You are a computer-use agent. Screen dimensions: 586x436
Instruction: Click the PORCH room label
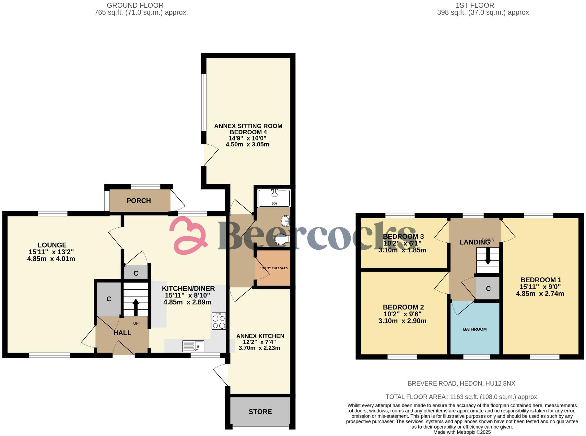139,201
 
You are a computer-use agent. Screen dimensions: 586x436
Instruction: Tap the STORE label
260,412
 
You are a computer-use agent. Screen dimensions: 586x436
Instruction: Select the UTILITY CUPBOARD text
274,268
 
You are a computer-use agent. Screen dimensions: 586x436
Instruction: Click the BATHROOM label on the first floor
475,329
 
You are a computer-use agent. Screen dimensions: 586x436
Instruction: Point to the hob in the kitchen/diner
219,321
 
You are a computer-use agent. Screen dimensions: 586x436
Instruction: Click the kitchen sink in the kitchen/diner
193,346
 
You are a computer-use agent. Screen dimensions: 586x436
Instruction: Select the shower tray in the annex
274,198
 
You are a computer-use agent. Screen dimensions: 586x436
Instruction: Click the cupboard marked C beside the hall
109,299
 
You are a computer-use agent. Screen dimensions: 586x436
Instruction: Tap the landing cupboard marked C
488,288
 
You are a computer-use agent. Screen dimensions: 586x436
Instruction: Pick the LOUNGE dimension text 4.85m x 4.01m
51,259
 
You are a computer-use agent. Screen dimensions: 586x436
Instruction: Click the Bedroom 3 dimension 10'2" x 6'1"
402,243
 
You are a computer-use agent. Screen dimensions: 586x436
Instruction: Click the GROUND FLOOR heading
135,6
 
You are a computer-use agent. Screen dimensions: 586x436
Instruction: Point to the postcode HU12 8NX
500,383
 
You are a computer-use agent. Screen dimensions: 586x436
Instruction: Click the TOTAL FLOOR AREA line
462,397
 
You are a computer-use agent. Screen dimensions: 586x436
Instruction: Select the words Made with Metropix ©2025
462,432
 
